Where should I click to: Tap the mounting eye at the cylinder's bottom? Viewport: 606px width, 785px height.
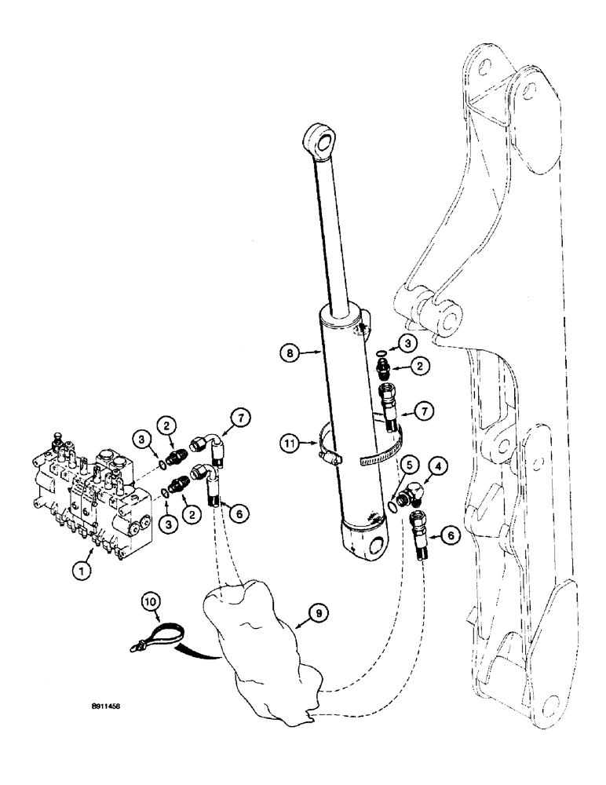(x=378, y=547)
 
